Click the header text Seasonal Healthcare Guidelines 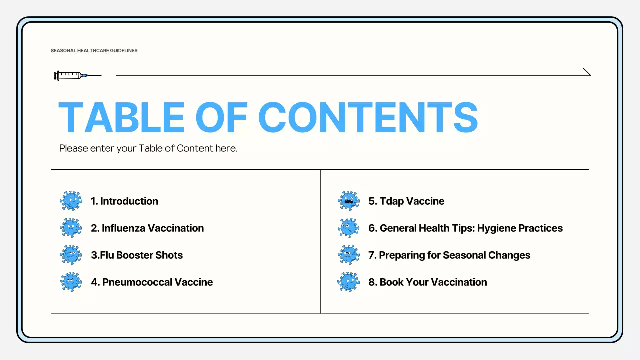tap(94, 51)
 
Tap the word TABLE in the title tap(121, 118)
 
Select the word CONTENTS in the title tap(368, 118)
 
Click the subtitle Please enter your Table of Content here tap(148, 148)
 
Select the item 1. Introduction tap(124, 201)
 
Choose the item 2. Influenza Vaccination tap(147, 228)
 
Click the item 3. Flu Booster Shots tap(137, 255)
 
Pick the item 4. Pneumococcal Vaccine tap(152, 282)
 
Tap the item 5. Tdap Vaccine tap(406, 201)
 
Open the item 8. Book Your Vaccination tap(428, 282)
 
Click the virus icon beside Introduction tap(71, 201)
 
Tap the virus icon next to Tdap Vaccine tap(349, 201)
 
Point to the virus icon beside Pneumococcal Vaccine tap(71, 282)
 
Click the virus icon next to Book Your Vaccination tap(349, 282)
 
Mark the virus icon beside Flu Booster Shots tap(71, 255)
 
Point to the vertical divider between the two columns tap(320, 241)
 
